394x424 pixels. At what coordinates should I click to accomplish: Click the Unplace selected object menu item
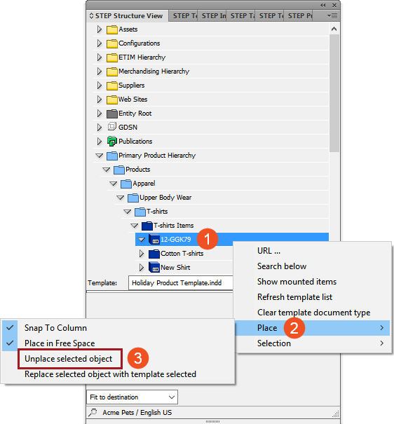pyautogui.click(x=68, y=359)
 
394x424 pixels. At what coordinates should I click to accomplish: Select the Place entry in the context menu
pyautogui.click(x=267, y=328)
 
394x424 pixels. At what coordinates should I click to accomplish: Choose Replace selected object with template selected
pyautogui.click(x=110, y=374)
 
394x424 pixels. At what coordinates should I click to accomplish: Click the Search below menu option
pyautogui.click(x=282, y=266)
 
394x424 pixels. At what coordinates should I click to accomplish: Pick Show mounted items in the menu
pyautogui.click(x=297, y=282)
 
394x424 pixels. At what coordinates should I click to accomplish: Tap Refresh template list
pyautogui.click(x=294, y=297)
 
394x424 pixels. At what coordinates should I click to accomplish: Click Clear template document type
pyautogui.click(x=313, y=313)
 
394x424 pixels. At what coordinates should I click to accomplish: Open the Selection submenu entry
pyautogui.click(x=274, y=343)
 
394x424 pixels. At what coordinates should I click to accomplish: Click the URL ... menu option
pyautogui.click(x=269, y=251)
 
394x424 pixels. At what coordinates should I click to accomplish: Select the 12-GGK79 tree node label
pyautogui.click(x=176, y=240)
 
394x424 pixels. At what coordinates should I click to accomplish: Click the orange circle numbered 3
pyautogui.click(x=138, y=358)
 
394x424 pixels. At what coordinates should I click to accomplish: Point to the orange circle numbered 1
pyautogui.click(x=207, y=239)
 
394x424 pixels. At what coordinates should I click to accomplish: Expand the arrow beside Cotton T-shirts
pyautogui.click(x=142, y=254)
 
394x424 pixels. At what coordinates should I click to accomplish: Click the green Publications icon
pyautogui.click(x=111, y=142)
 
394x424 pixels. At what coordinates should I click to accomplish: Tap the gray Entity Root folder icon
pyautogui.click(x=111, y=114)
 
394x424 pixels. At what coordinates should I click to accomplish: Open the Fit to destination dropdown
pyautogui.click(x=133, y=397)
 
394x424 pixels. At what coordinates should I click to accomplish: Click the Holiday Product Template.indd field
pyautogui.click(x=181, y=283)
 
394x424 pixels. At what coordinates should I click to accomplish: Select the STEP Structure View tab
pyautogui.click(x=127, y=16)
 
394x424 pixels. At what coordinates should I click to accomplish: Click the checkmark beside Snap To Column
pyautogui.click(x=10, y=328)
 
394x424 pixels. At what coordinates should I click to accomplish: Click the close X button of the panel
pyautogui.click(x=334, y=5)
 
